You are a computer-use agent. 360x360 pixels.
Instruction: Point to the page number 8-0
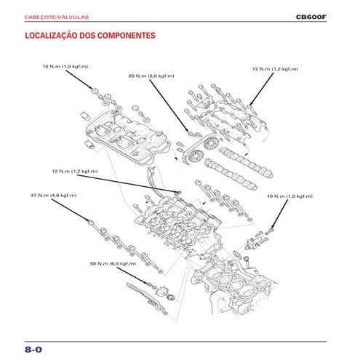pos(33,349)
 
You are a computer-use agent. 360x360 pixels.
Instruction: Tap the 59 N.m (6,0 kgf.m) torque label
pos(113,263)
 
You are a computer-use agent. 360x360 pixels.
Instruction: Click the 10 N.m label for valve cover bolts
pos(65,66)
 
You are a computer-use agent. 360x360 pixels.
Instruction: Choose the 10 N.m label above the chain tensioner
pos(289,196)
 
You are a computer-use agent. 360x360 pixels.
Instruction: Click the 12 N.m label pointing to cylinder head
pos(74,171)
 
